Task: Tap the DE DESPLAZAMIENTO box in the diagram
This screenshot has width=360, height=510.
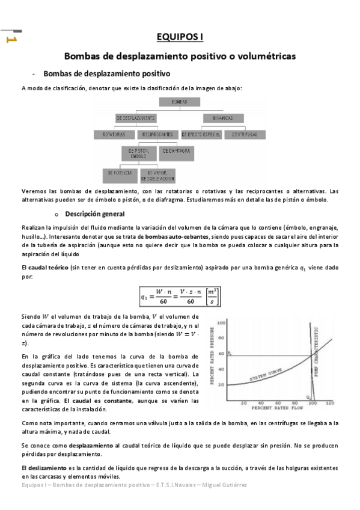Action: coord(136,118)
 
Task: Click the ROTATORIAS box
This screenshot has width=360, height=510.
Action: coord(114,134)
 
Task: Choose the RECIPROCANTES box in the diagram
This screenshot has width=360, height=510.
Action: coord(156,134)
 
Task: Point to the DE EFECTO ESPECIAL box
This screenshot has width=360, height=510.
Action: coord(202,134)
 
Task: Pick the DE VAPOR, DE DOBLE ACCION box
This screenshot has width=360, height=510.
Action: coord(157,176)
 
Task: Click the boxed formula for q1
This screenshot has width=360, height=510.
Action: coord(180,295)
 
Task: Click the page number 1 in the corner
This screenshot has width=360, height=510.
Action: coord(10,40)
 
